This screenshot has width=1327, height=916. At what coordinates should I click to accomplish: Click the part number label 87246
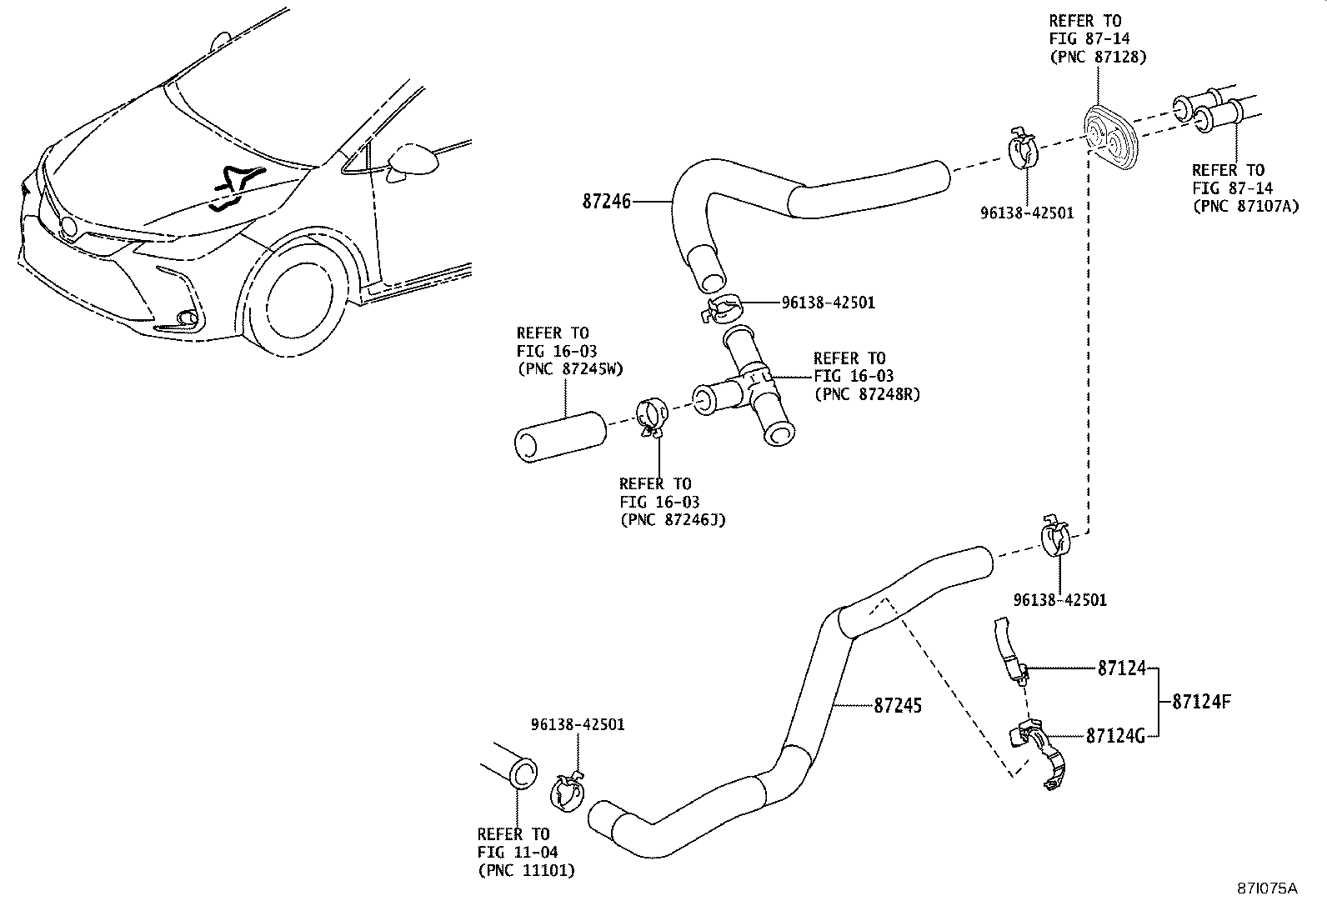[607, 202]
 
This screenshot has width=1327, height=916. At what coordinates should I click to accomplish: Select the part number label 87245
[898, 706]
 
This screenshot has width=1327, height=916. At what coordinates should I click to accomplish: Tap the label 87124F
[1201, 701]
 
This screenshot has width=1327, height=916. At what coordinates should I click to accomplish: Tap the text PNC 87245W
[570, 369]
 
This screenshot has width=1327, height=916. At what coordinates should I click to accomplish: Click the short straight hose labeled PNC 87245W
[559, 434]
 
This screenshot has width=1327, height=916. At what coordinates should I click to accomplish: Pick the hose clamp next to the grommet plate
[1022, 148]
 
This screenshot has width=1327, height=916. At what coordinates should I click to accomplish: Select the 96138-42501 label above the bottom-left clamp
[578, 724]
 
